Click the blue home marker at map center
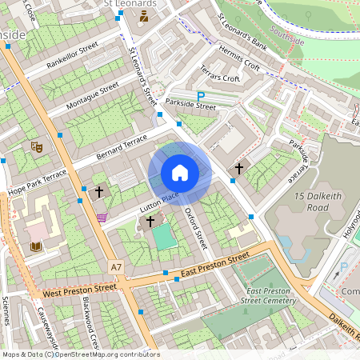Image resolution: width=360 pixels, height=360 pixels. point(180,173)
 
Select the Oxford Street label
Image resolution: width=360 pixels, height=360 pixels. point(196,227)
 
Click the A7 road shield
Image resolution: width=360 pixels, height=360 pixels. point(117,266)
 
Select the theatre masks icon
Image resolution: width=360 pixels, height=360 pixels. point(35,146)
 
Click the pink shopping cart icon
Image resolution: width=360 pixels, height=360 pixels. point(102,217)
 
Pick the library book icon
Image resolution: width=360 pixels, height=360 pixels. point(35,246)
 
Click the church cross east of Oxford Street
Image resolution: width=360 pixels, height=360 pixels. point(239,169)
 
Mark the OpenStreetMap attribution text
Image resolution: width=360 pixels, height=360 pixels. point(80,354)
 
